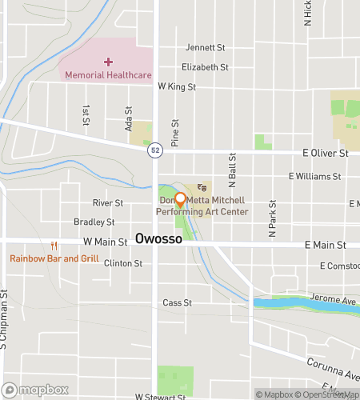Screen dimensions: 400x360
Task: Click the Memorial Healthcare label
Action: click(108, 75)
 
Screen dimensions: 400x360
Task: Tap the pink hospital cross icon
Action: click(109, 62)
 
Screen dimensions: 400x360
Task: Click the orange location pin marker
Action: click(180, 200)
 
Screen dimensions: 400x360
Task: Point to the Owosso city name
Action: click(158, 239)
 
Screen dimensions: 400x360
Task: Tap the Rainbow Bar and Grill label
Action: click(54, 258)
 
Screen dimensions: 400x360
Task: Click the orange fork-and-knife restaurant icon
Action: click(54, 246)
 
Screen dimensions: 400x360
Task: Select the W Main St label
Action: click(105, 242)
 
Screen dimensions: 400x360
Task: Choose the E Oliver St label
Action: click(326, 152)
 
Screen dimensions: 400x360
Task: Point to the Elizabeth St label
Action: click(205, 67)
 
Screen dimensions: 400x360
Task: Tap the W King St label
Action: click(176, 86)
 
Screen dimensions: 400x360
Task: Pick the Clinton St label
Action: click(122, 262)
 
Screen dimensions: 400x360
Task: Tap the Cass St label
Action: click(177, 303)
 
